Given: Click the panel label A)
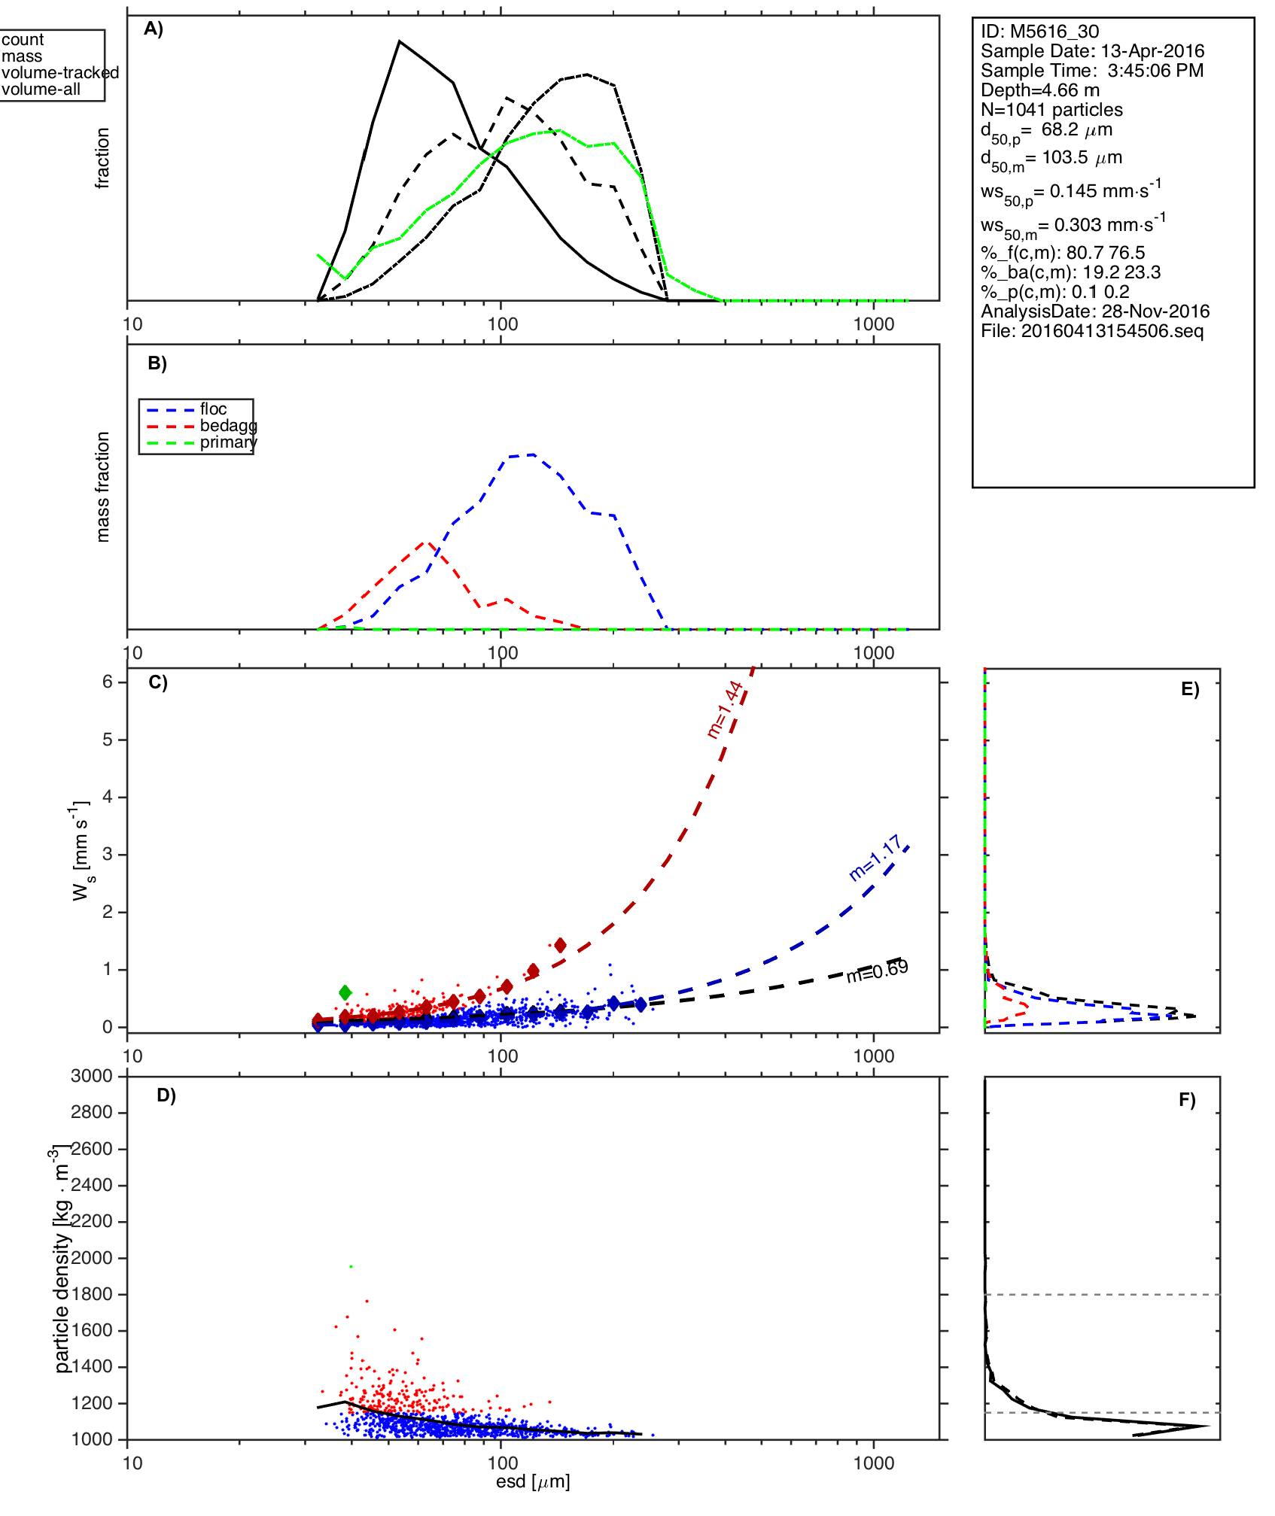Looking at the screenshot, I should [154, 29].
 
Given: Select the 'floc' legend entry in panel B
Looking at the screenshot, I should [213, 409].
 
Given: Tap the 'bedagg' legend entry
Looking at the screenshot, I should [228, 426].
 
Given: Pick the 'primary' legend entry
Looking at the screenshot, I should [228, 442].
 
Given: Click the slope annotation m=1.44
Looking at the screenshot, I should [725, 709].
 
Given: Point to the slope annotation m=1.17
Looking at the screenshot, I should [875, 858].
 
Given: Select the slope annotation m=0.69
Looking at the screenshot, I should [877, 971].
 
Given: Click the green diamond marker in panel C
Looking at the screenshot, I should [345, 992].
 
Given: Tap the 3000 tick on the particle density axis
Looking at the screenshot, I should [92, 1076].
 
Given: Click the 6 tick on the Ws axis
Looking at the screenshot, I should [108, 682].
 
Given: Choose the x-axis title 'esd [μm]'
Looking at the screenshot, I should [533, 1482].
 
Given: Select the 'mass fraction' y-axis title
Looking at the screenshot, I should [103, 487].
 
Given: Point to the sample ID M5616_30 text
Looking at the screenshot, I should [1039, 32].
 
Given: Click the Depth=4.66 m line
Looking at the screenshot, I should [1040, 90].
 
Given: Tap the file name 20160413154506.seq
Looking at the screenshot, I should [1092, 331].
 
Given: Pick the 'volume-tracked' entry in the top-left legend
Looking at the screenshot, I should [60, 73].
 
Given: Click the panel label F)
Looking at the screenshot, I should [1187, 1100].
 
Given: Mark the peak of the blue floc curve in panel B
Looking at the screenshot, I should [533, 454].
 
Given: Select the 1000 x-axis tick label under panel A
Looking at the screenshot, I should [874, 324].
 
